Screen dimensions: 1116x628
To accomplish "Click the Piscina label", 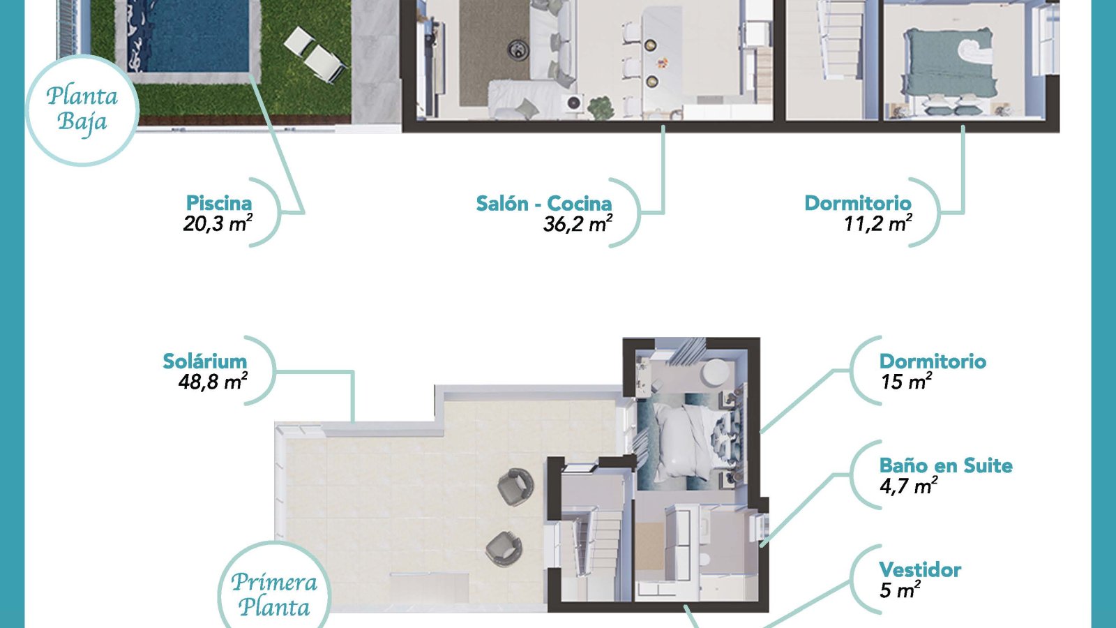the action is coord(219,203).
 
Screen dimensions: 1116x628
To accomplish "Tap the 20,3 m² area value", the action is coord(218,224).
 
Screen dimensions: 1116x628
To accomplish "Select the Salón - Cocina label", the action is coord(544,203).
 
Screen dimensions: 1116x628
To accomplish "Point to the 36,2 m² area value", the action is coord(578,224).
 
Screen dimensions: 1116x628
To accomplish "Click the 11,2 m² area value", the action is coord(878,224).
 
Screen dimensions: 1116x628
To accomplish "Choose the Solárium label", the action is coord(205,361).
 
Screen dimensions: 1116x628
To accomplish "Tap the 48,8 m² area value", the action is coord(213,382).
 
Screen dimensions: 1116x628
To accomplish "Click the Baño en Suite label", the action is coord(946,465).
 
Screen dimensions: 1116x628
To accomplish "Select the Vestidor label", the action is coord(920,569).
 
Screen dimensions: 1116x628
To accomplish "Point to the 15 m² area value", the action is coord(906,382).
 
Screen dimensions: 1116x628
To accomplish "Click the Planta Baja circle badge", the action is coord(82,110).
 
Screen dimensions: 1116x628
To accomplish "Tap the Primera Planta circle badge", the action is coord(275,588).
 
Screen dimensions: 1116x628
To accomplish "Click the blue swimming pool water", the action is coord(188,35).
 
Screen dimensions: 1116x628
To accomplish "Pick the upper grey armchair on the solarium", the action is coord(515,486).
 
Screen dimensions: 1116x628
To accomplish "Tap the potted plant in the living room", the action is coord(600,107).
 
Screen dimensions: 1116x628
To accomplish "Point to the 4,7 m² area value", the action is coord(908,486).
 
